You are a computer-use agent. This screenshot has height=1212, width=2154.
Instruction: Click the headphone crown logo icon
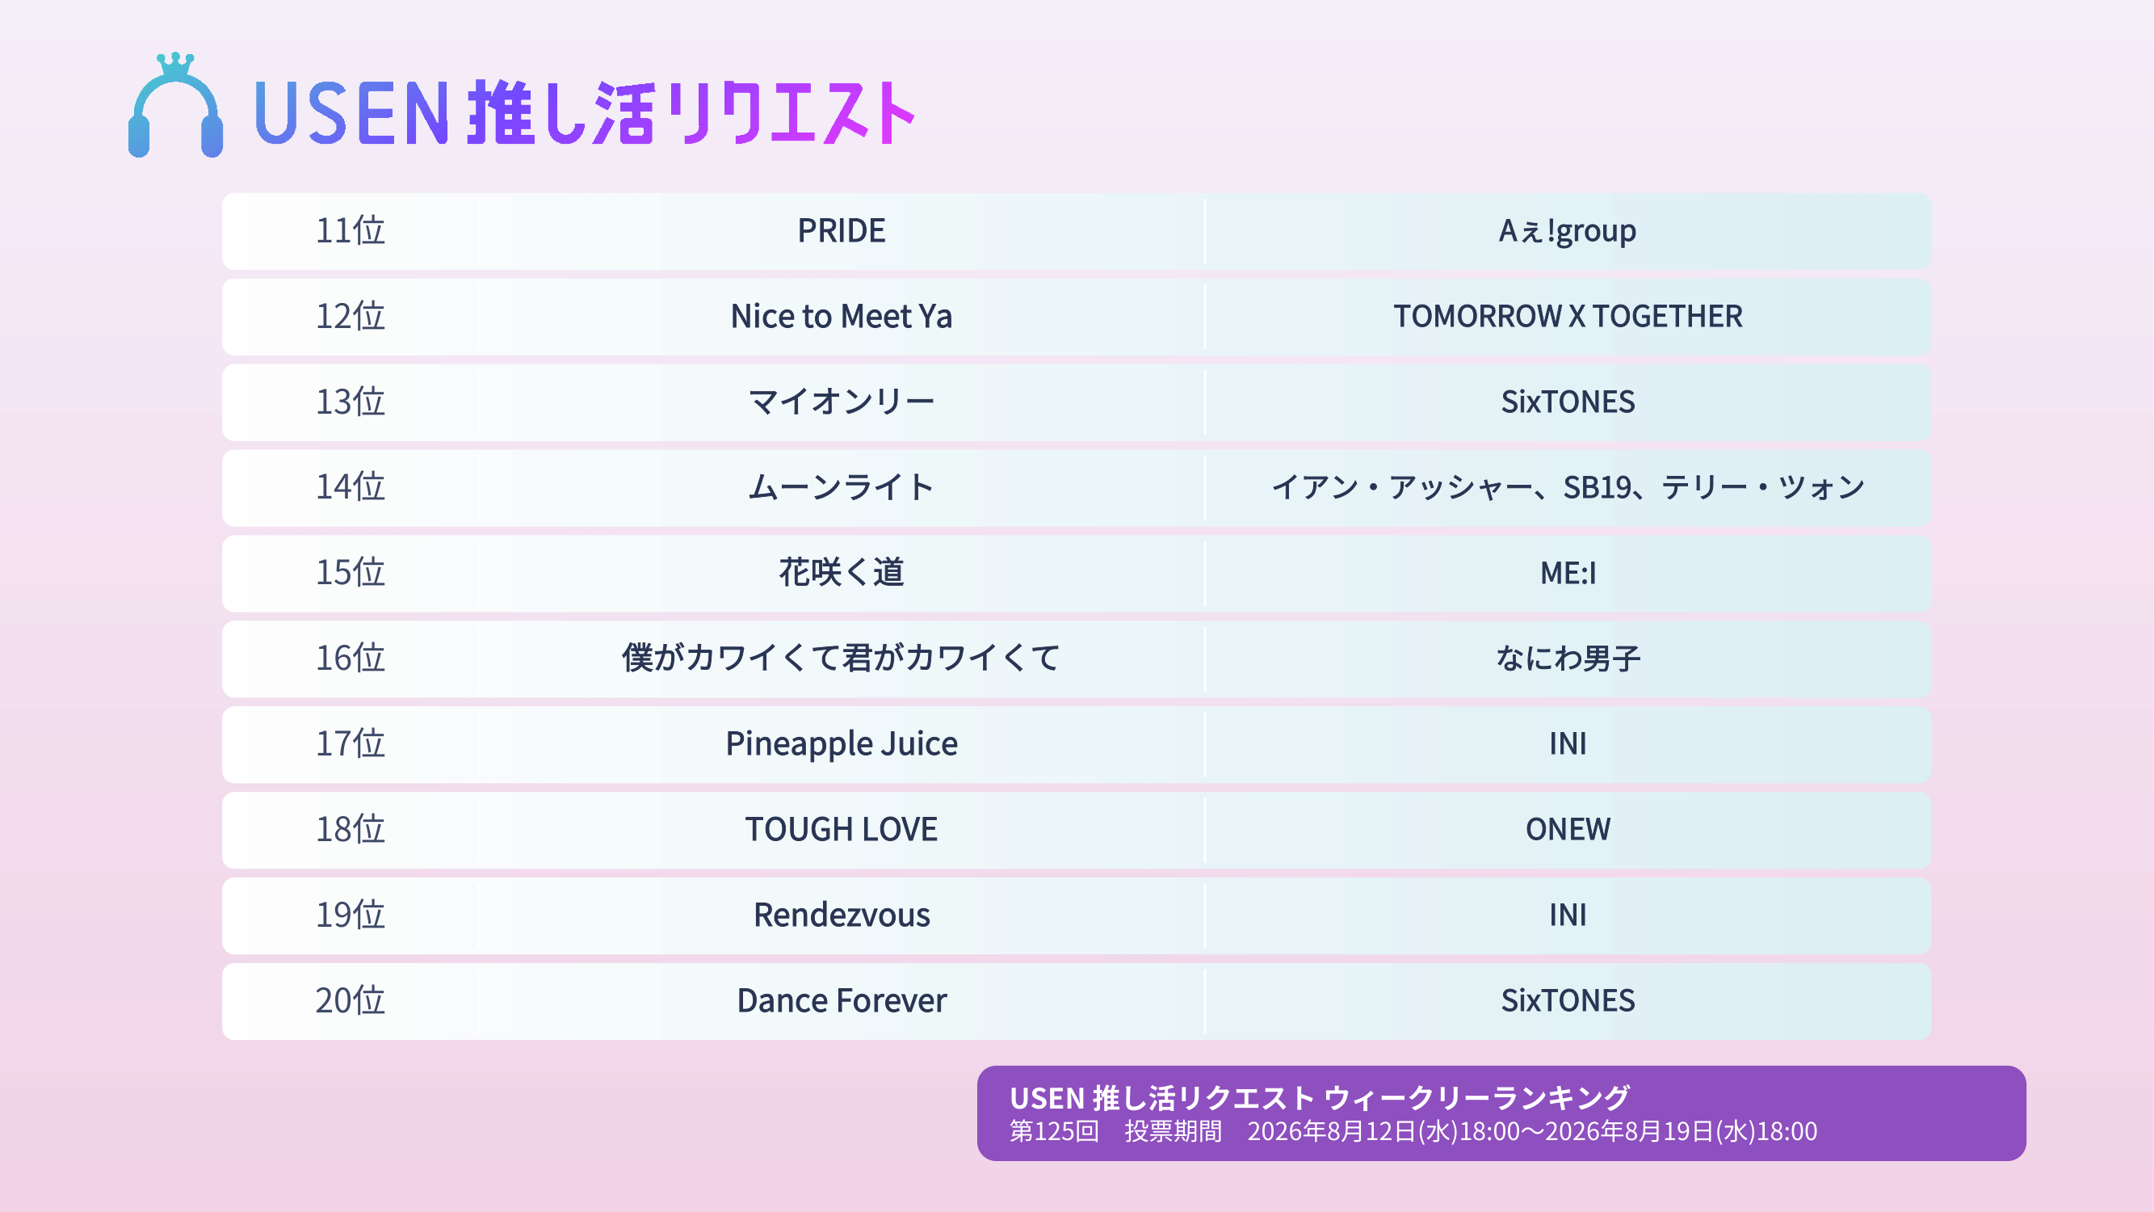click(175, 105)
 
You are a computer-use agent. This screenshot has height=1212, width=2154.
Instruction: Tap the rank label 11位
click(350, 231)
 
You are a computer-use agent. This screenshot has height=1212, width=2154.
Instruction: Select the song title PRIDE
click(842, 231)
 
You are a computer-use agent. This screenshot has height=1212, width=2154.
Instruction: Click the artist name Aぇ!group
click(1567, 231)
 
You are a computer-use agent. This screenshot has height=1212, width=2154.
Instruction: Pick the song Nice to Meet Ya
click(842, 316)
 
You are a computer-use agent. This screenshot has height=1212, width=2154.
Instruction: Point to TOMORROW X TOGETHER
click(1568, 316)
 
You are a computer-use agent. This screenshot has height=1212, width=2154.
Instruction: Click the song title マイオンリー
click(842, 402)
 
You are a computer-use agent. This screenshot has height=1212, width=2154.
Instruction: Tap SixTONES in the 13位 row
click(1568, 402)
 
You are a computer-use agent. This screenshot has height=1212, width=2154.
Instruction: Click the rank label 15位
click(350, 573)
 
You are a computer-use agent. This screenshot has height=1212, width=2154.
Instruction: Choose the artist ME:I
click(1568, 573)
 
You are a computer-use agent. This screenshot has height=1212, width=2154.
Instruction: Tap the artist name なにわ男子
click(1568, 659)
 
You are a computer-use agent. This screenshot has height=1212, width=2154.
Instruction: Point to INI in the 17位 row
click(1568, 743)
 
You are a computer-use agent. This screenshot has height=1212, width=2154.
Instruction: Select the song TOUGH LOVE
click(842, 830)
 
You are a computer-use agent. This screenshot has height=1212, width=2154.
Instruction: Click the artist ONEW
click(1568, 830)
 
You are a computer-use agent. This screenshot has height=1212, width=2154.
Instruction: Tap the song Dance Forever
click(842, 1000)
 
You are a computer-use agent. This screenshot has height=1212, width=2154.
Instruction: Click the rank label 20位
click(350, 1000)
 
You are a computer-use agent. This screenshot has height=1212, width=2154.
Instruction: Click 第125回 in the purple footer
click(1054, 1132)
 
